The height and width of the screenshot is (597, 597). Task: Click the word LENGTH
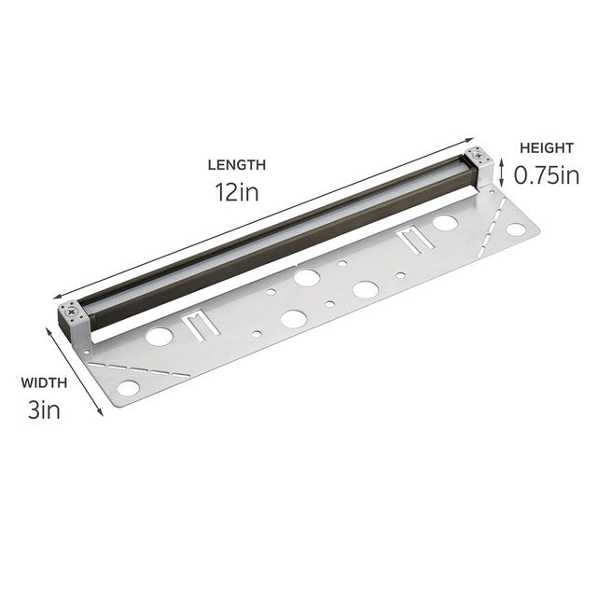[236, 165]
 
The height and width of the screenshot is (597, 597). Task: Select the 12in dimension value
[236, 192]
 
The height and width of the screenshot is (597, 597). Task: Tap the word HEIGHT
[547, 147]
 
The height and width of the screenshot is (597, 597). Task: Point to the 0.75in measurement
[547, 174]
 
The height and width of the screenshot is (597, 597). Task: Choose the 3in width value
[44, 409]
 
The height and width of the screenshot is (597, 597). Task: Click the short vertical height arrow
[502, 172]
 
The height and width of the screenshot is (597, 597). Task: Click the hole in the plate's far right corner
[516, 229]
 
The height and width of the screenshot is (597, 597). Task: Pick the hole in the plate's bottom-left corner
[128, 386]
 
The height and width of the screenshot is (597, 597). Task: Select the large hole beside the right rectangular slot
[445, 224]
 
